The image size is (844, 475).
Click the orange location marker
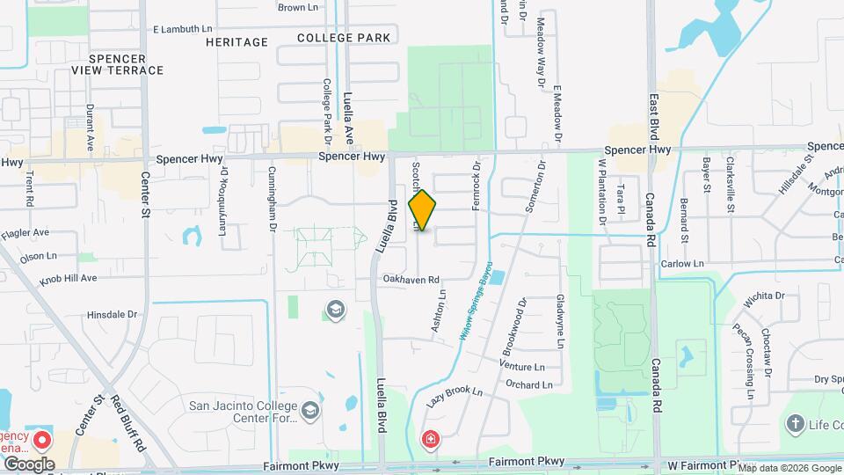[x=422, y=210]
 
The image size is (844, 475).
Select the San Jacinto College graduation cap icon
[x=309, y=410]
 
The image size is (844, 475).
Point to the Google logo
[x=28, y=464]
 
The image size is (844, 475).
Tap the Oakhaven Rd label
[x=410, y=280]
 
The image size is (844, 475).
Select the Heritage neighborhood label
[x=236, y=41]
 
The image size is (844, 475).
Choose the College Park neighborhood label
[x=343, y=38]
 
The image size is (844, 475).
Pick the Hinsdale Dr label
[x=113, y=314]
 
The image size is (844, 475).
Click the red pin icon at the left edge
[x=41, y=440]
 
